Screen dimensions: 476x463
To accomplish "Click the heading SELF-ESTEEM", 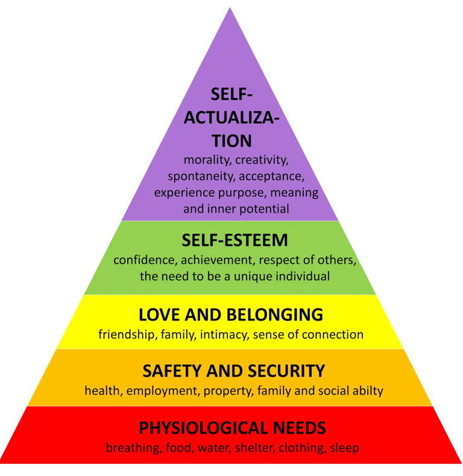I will (235, 241).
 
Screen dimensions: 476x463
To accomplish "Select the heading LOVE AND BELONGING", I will (231, 315).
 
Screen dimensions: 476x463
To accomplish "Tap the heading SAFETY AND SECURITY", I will (233, 370).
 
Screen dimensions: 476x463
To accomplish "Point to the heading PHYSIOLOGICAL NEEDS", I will (233, 428).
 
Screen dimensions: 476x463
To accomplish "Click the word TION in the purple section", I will (231, 141).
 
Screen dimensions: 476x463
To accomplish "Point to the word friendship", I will (127, 334).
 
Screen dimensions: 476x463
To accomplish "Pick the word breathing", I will (131, 448).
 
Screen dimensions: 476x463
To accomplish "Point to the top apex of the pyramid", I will (230, 8).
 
